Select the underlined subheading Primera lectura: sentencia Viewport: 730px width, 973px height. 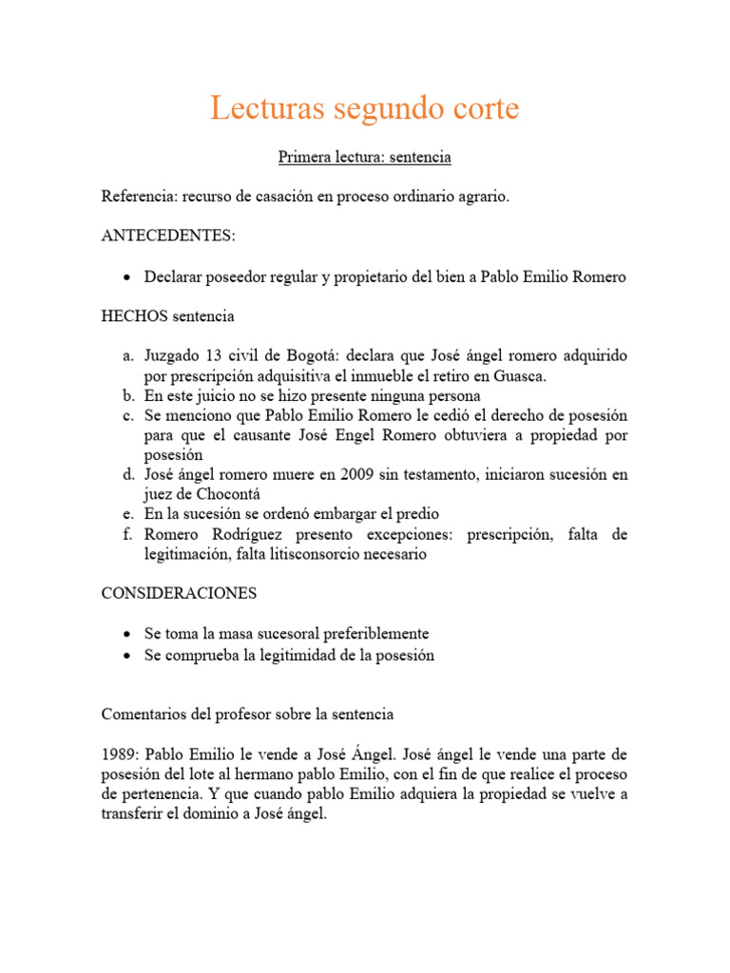point(364,157)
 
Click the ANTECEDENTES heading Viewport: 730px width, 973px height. point(167,237)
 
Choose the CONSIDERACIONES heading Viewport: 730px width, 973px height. point(180,593)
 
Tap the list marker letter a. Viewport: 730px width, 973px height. point(127,355)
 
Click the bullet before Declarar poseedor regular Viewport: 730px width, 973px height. point(127,277)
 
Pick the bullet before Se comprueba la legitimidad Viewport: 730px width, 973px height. point(127,655)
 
